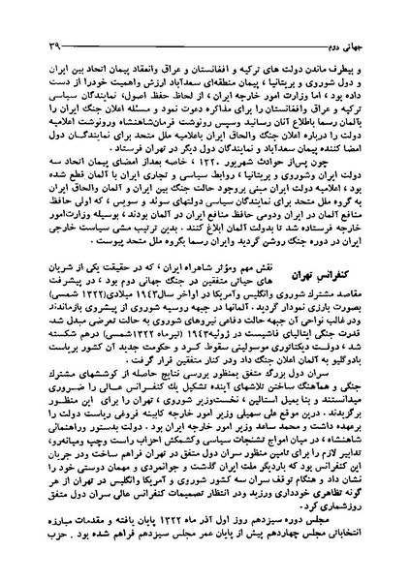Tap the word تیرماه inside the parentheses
(x=154, y=340)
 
